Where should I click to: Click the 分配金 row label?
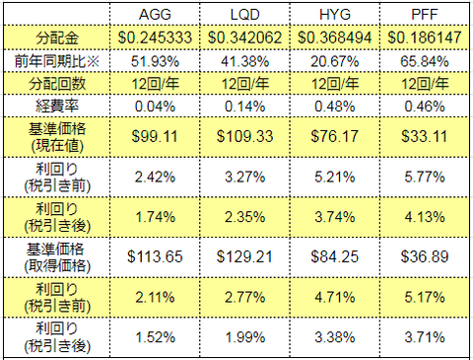[x=61, y=38]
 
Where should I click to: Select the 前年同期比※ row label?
[x=61, y=60]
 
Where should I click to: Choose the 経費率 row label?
[x=61, y=104]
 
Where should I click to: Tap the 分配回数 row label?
[x=61, y=82]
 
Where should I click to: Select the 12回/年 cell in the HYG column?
[x=330, y=82]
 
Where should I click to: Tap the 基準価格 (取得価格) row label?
[x=61, y=254]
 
